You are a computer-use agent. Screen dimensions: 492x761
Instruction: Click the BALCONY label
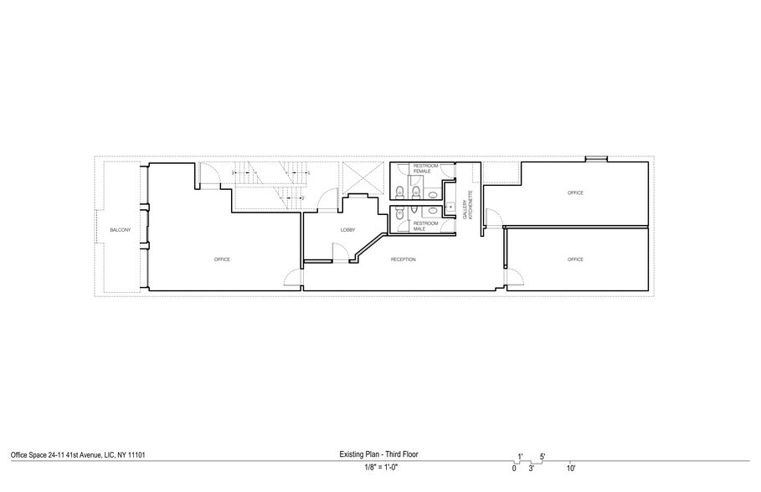tap(120, 230)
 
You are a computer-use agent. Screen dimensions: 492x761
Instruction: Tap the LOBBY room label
tap(348, 230)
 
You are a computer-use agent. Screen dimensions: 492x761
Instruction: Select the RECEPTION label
tap(404, 259)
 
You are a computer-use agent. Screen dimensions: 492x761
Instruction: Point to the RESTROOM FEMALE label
tap(425, 170)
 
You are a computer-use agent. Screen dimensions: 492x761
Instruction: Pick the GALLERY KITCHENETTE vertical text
tap(470, 205)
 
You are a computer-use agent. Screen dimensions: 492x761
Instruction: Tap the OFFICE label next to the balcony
tap(222, 259)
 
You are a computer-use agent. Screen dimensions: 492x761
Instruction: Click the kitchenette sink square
tap(450, 205)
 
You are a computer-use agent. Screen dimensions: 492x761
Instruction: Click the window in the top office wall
tap(595, 158)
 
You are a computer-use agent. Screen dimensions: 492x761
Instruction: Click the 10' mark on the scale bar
tap(570, 468)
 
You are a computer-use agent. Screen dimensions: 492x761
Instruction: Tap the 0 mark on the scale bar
tap(514, 468)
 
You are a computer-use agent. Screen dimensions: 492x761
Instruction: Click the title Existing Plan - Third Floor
tap(379, 455)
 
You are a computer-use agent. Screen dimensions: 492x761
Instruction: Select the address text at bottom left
tap(80, 455)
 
